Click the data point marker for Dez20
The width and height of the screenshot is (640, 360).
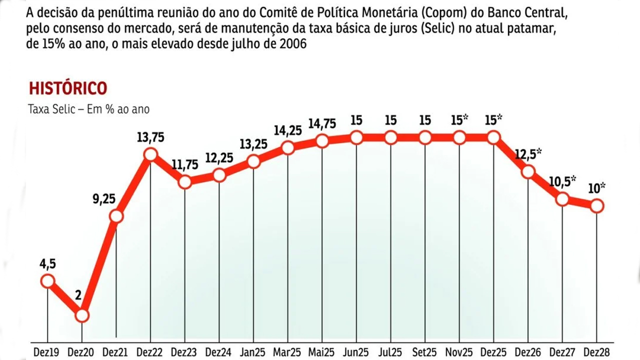coord(82,315)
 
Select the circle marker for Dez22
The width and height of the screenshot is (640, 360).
coord(150,155)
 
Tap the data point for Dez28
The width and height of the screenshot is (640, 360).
coord(596,205)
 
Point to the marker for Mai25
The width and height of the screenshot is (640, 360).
coord(322,141)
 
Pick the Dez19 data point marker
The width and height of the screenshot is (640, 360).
coord(47,281)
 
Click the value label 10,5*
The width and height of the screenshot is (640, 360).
coord(563,180)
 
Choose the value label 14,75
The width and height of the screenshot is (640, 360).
coord(322,123)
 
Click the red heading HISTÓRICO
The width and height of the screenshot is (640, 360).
coord(68,88)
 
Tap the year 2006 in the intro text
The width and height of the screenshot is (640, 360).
coord(290,44)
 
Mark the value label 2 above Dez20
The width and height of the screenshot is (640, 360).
coord(78,295)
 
